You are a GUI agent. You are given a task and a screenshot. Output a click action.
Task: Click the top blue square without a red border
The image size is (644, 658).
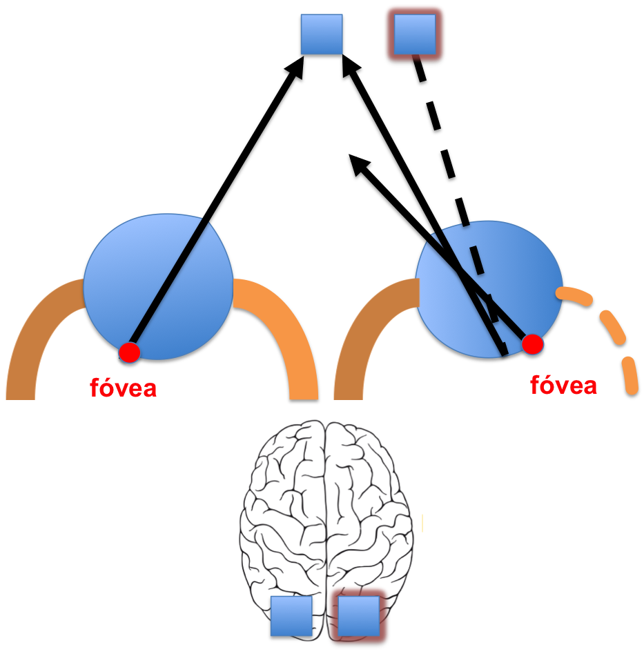point(322,34)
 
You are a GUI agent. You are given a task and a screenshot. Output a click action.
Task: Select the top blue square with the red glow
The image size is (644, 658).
point(414,34)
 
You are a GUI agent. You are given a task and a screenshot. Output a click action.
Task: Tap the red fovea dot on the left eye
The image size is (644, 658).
point(129,352)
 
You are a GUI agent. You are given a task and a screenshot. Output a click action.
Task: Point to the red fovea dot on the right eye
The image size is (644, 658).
point(532,344)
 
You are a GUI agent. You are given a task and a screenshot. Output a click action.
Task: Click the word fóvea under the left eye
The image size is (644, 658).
point(124,388)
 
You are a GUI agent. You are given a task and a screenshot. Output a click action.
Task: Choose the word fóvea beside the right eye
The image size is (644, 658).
point(563,385)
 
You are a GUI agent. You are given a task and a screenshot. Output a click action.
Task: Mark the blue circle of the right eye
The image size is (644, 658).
point(525,276)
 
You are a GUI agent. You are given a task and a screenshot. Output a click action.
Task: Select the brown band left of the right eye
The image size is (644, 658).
point(366,338)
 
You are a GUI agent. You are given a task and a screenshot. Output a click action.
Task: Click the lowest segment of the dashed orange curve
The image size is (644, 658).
point(631,376)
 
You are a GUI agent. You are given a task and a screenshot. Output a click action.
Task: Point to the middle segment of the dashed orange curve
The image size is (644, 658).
point(613,327)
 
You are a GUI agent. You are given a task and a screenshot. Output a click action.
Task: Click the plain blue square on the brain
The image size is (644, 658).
point(291,616)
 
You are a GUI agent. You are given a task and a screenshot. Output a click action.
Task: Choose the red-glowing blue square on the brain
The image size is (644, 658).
point(359,616)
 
